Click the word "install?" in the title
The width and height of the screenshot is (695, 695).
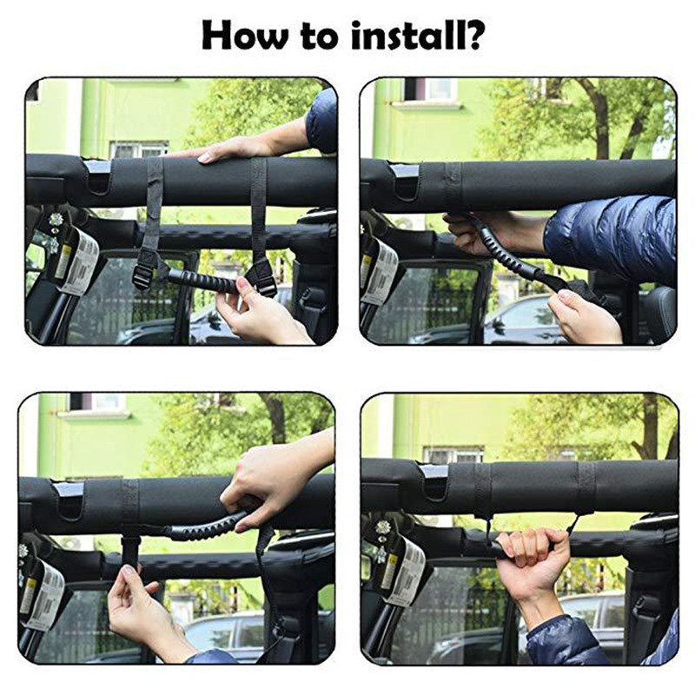click(x=416, y=37)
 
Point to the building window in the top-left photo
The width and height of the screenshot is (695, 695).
click(x=137, y=149)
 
